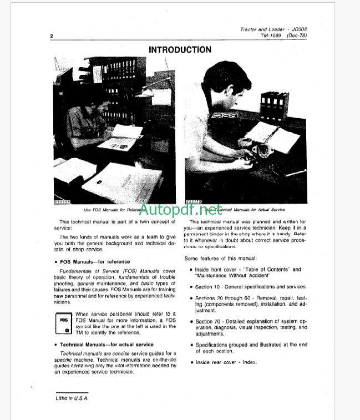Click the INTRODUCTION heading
(x=180, y=50)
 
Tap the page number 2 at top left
(x=51, y=37)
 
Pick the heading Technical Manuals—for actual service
(x=107, y=345)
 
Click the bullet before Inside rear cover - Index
(x=191, y=362)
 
